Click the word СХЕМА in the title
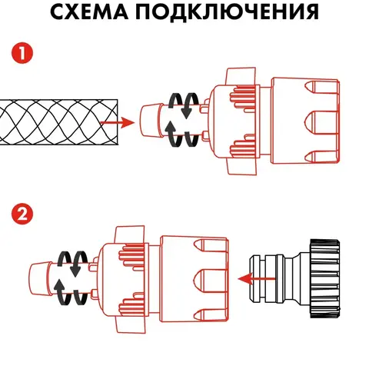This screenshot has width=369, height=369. (89, 12)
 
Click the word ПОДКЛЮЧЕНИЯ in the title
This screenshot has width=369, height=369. (228, 12)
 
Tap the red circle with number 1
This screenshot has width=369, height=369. (22, 54)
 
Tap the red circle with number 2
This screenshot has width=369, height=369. (22, 214)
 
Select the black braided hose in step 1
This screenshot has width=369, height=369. (59, 122)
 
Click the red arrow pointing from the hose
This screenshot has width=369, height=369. (118, 122)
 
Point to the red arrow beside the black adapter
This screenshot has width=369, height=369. (257, 279)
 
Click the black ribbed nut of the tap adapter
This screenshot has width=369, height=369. (325, 279)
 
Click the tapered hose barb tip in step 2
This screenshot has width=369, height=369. (40, 279)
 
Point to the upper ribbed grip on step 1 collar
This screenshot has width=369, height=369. (243, 98)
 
